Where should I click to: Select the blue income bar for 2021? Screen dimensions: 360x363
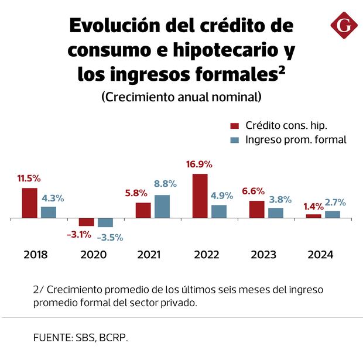click(162, 207)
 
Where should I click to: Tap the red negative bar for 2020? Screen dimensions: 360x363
click(86, 222)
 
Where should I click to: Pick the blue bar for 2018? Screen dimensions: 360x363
click(49, 212)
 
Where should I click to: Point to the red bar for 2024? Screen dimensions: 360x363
click(314, 216)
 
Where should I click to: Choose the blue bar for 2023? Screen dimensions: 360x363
click(276, 213)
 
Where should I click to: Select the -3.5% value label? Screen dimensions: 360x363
click(110, 237)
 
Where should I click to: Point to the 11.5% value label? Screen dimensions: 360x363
click(29, 178)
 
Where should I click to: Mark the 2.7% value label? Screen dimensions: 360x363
click(335, 202)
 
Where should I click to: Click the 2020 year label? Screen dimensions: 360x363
click(93, 255)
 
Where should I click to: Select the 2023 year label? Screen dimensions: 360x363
click(263, 255)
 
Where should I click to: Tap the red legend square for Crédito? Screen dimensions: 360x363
click(235, 126)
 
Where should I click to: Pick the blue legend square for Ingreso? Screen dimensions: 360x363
click(235, 140)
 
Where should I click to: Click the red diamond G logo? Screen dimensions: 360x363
click(344, 26)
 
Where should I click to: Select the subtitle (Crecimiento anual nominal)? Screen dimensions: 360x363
click(181, 97)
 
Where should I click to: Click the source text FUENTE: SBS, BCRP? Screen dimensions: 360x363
click(81, 338)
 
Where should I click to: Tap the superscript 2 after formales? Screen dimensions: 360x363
click(282, 69)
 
